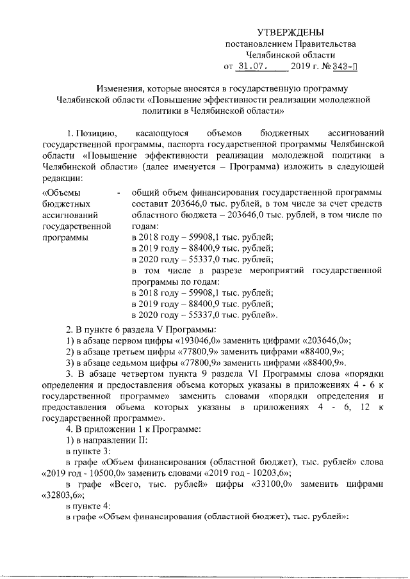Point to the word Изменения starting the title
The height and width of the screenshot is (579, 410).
tap(120, 88)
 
